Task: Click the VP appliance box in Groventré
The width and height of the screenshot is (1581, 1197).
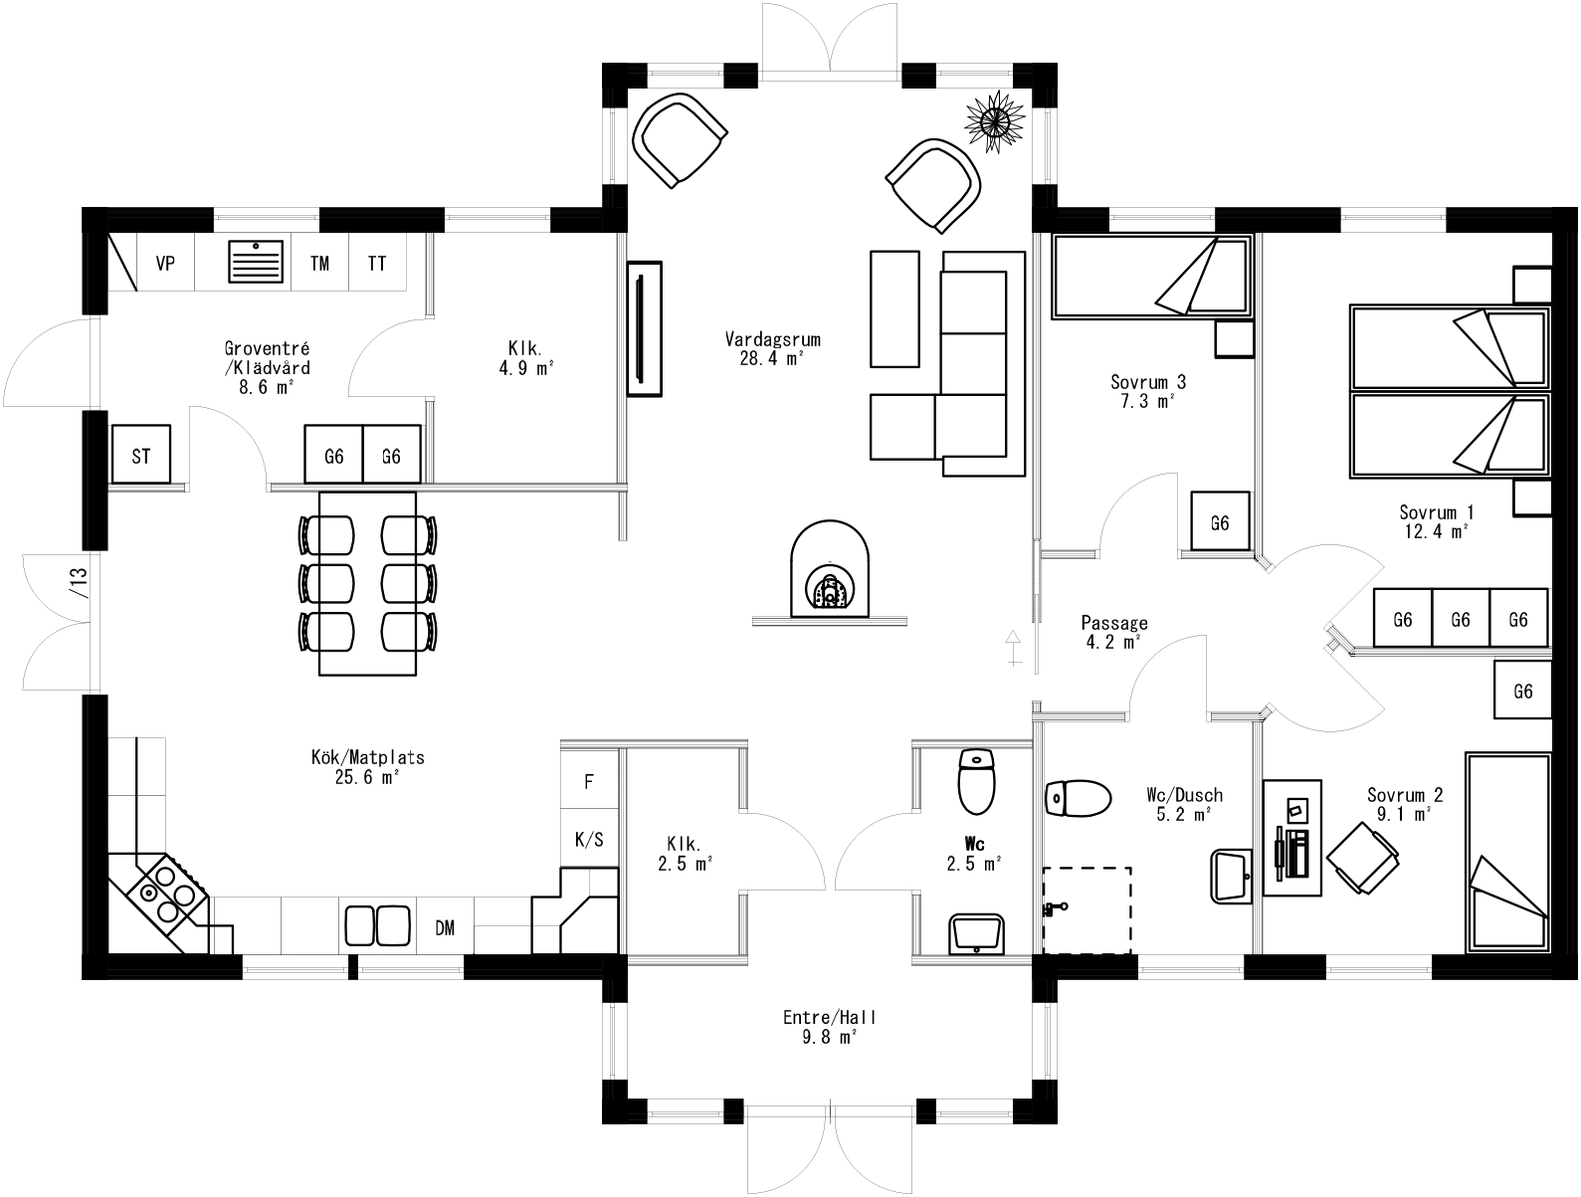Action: coord(165,264)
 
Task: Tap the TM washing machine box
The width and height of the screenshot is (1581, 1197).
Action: coord(319,264)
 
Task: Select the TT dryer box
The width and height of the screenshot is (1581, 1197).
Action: coord(377,264)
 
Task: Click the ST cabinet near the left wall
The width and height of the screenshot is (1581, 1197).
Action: coord(141,456)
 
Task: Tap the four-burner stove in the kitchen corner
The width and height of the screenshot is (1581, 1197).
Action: coord(165,893)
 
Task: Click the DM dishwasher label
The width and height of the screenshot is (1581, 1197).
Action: coord(445,927)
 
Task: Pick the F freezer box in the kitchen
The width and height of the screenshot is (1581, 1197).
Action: coord(589,782)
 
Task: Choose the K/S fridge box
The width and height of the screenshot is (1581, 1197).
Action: coord(589,840)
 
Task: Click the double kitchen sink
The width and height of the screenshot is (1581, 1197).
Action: coord(377,925)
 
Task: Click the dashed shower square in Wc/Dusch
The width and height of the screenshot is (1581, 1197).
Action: coord(1087,909)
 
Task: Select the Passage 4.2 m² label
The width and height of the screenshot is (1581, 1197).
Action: coord(1114,632)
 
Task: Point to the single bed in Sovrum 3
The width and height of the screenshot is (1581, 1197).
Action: coord(1149,277)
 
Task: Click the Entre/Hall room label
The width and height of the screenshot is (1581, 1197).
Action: coord(830,1027)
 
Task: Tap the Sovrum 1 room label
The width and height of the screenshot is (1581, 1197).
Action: coord(1436,521)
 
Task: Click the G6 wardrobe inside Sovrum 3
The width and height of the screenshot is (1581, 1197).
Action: coord(1220,522)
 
